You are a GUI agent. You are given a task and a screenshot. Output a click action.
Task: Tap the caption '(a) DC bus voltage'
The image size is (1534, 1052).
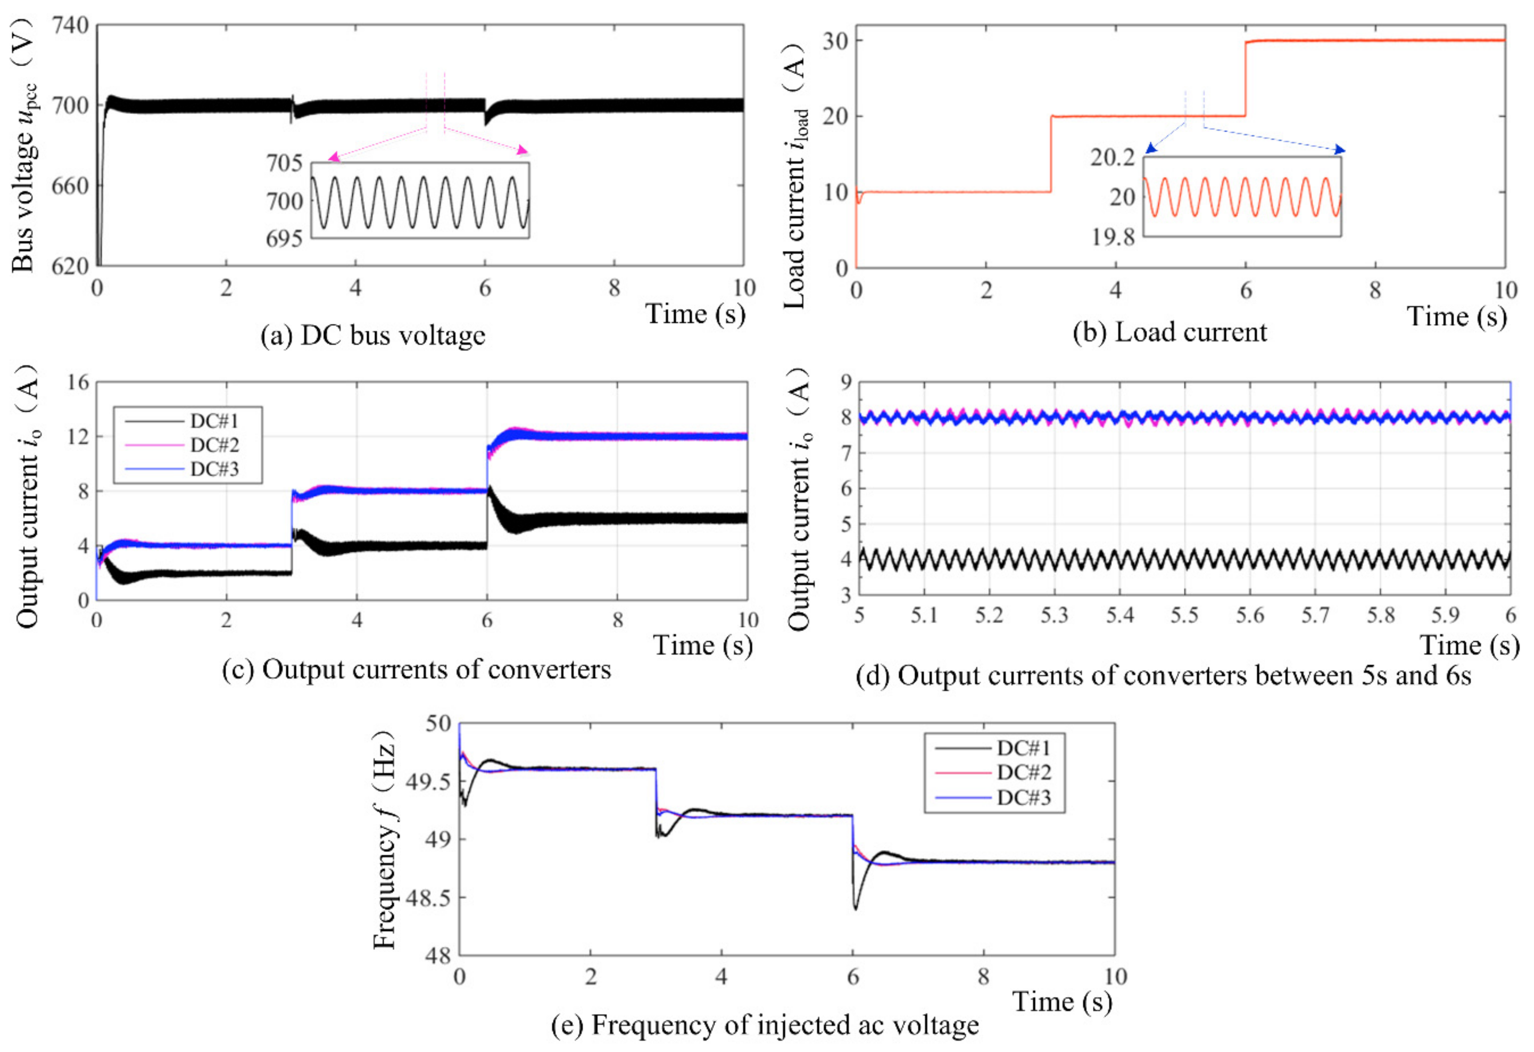373,335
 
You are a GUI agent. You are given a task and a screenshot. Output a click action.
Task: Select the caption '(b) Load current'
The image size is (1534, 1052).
1170,331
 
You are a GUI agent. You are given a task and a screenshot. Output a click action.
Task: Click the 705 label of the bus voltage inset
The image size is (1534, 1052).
285,162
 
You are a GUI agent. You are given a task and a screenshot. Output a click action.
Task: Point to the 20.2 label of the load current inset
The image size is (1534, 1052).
1113,157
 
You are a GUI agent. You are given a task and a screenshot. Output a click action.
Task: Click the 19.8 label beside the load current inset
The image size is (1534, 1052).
1113,236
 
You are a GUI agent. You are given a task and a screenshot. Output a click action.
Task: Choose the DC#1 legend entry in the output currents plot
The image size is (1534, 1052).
214,421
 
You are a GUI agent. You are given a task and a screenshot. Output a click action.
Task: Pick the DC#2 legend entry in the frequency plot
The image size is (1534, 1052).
1024,772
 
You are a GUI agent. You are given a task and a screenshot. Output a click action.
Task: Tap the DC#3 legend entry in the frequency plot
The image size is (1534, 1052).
1024,798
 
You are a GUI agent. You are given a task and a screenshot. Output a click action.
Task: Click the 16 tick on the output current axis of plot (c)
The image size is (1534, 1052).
78,382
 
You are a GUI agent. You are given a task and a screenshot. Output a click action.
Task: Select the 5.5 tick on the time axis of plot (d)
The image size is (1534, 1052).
1184,616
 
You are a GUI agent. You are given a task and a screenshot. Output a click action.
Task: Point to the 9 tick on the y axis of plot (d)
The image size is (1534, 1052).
845,382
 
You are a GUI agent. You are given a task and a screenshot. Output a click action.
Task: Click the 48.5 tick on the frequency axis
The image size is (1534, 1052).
427,898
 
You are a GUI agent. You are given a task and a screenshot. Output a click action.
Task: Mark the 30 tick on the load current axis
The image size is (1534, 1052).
834,41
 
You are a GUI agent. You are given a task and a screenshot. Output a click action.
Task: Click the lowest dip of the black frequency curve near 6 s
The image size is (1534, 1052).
856,909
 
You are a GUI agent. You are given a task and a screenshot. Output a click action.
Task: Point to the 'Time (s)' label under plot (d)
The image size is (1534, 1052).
1469,645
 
